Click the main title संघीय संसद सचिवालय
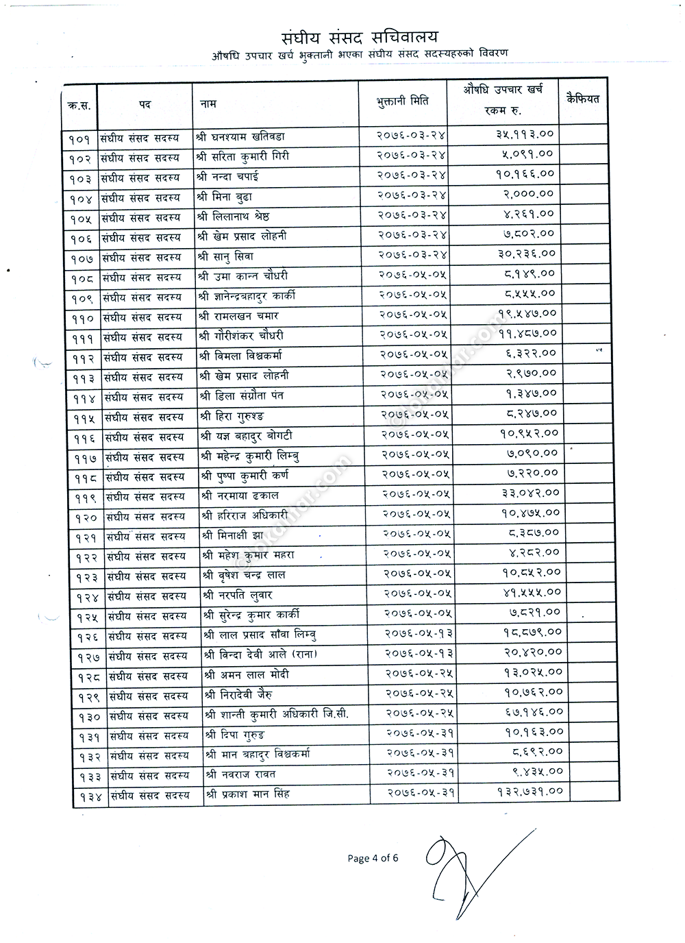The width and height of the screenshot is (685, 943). [x=359, y=37]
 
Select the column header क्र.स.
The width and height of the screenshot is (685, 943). [x=79, y=106]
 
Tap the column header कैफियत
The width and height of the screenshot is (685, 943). [x=582, y=99]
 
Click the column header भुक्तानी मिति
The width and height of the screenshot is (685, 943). [x=402, y=101]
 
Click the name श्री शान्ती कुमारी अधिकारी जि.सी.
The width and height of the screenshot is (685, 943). [x=276, y=714]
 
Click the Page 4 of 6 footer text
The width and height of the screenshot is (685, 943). [x=373, y=858]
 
